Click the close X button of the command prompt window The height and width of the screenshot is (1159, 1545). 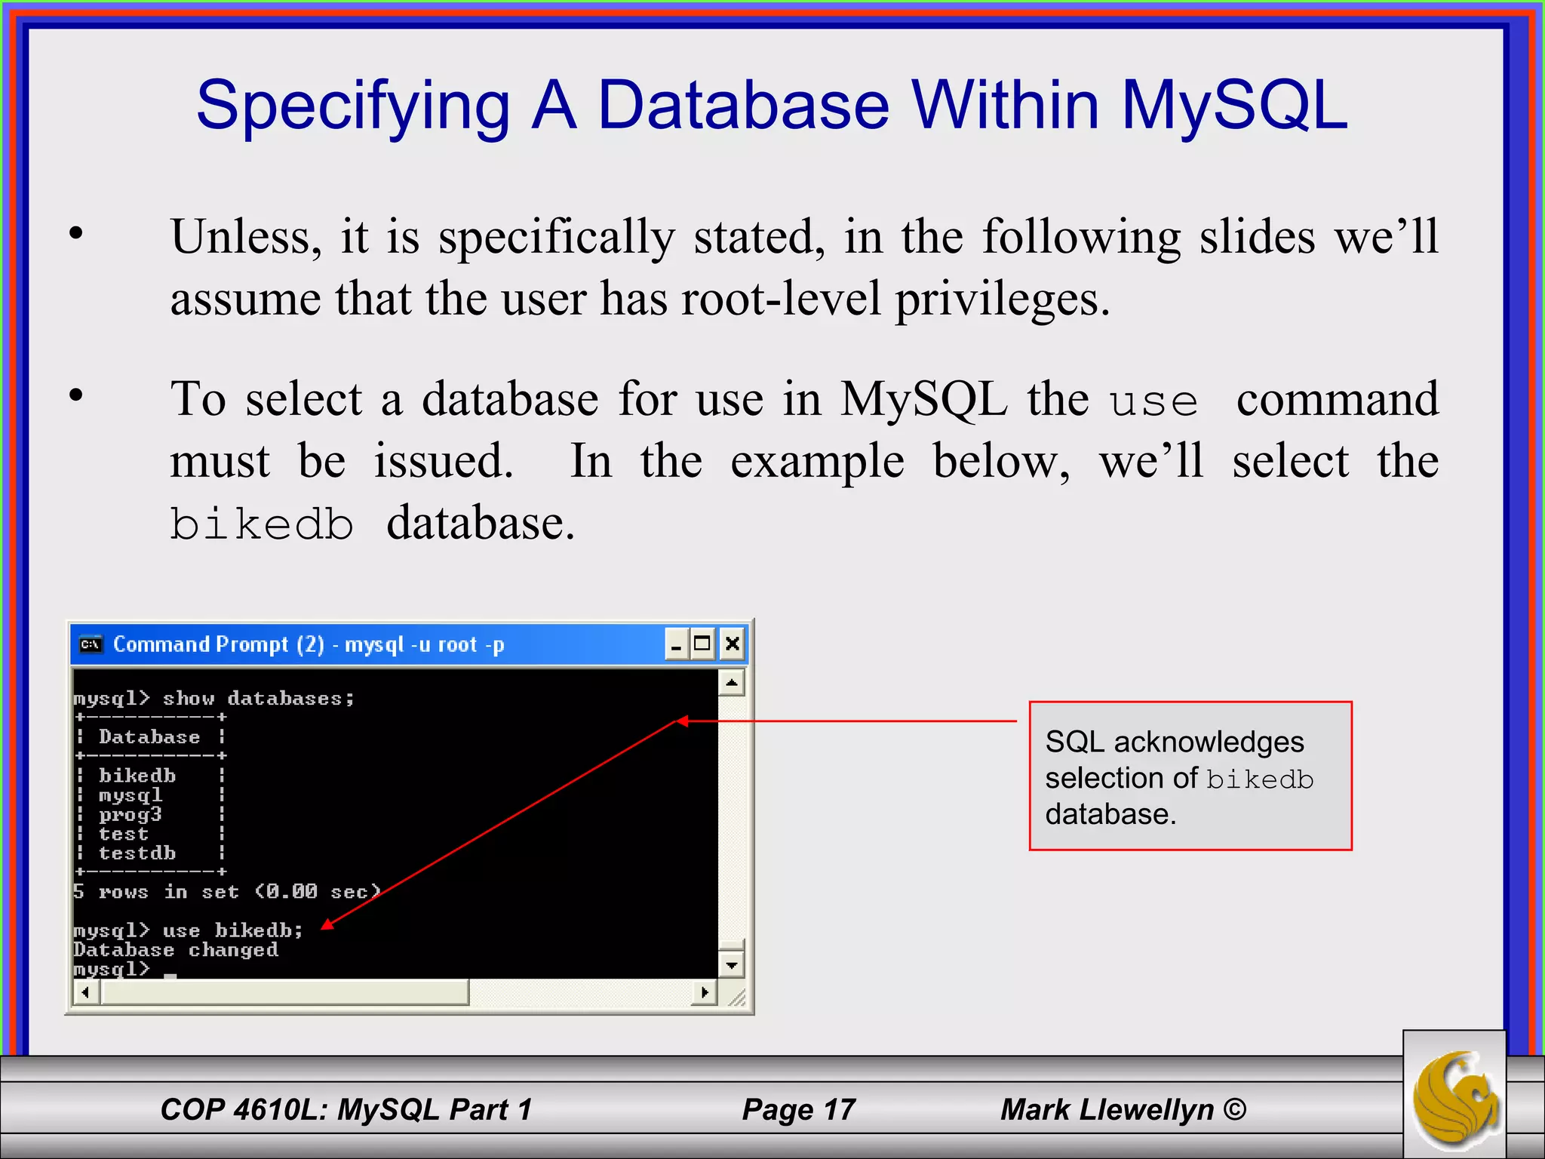coord(732,644)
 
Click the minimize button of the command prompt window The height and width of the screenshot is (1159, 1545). coord(676,644)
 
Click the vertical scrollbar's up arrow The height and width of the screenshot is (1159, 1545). coord(731,683)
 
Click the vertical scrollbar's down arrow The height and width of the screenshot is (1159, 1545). coord(731,964)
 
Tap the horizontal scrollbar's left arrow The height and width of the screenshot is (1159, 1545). coord(86,991)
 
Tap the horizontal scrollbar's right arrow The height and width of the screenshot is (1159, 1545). coord(704,991)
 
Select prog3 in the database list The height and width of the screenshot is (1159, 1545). coord(130,815)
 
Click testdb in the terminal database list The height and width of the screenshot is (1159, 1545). coord(137,853)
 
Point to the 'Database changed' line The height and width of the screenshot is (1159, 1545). coord(176,950)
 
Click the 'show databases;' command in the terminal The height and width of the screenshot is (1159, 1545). coord(258,699)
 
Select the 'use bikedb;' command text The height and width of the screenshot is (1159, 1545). coord(232,930)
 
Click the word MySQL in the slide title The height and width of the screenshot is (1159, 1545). coord(1234,106)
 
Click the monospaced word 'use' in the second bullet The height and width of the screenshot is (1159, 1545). coord(1153,401)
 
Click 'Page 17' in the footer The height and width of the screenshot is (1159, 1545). coord(798,1109)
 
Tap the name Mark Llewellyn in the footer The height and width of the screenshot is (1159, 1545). coord(1107,1109)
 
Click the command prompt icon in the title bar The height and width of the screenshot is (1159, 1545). coord(91,644)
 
